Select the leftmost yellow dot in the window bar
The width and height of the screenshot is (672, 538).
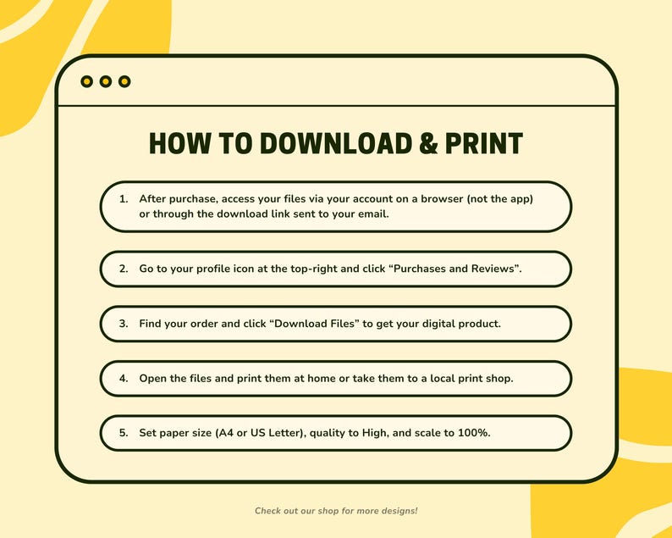point(86,81)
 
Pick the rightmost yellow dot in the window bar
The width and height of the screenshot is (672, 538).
point(124,81)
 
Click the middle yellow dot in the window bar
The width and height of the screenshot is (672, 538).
point(106,81)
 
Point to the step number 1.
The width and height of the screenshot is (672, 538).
point(123,198)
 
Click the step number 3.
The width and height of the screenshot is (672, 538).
point(123,324)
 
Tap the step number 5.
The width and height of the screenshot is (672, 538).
point(123,433)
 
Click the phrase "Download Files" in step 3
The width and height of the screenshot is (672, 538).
point(311,324)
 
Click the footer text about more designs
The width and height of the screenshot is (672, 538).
point(336,511)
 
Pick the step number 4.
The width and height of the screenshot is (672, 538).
point(123,379)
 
